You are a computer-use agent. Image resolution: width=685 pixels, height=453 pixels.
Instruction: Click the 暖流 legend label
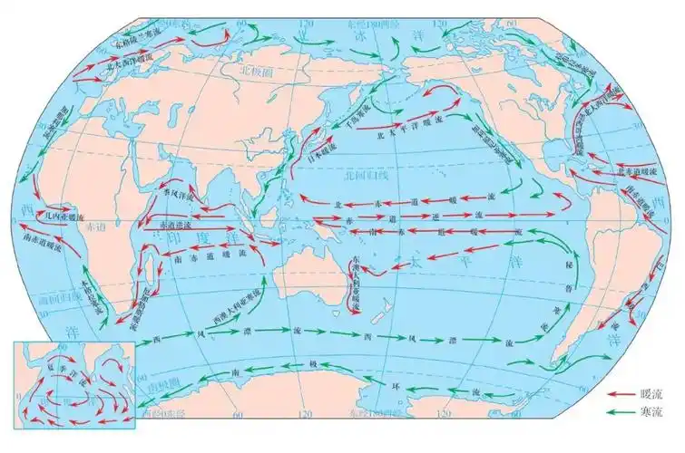pyautogui.click(x=651, y=395)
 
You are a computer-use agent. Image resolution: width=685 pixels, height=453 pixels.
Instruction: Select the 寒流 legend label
pyautogui.click(x=651, y=411)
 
